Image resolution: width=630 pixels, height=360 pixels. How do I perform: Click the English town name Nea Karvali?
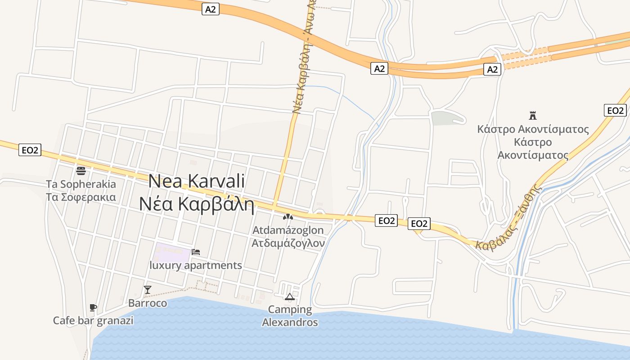pos(197,181)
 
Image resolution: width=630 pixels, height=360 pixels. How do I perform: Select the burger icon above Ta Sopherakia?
pos(81,171)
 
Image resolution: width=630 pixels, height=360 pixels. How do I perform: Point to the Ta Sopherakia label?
pos(81,184)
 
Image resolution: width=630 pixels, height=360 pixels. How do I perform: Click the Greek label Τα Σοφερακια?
pos(81,197)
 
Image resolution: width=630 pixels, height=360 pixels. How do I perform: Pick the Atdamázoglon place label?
pos(288,230)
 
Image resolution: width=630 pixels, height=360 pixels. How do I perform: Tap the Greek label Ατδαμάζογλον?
pos(288,243)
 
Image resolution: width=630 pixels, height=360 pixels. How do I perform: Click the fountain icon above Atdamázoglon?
pos(288,217)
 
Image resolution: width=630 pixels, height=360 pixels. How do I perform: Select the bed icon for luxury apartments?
pos(196,252)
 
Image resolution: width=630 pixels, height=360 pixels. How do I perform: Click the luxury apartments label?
pos(196,265)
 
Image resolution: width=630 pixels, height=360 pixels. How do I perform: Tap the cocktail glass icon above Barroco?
pos(148,290)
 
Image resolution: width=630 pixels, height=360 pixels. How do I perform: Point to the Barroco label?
pos(148,303)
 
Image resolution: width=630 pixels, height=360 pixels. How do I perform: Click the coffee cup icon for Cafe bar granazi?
pos(93,308)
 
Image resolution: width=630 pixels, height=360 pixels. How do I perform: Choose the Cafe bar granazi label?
pos(93,321)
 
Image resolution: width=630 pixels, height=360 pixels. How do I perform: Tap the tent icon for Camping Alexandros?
pos(290,297)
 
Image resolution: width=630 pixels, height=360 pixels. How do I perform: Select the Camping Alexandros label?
pos(290,316)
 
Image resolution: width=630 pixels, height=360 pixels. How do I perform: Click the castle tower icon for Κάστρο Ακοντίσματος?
pos(533,116)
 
